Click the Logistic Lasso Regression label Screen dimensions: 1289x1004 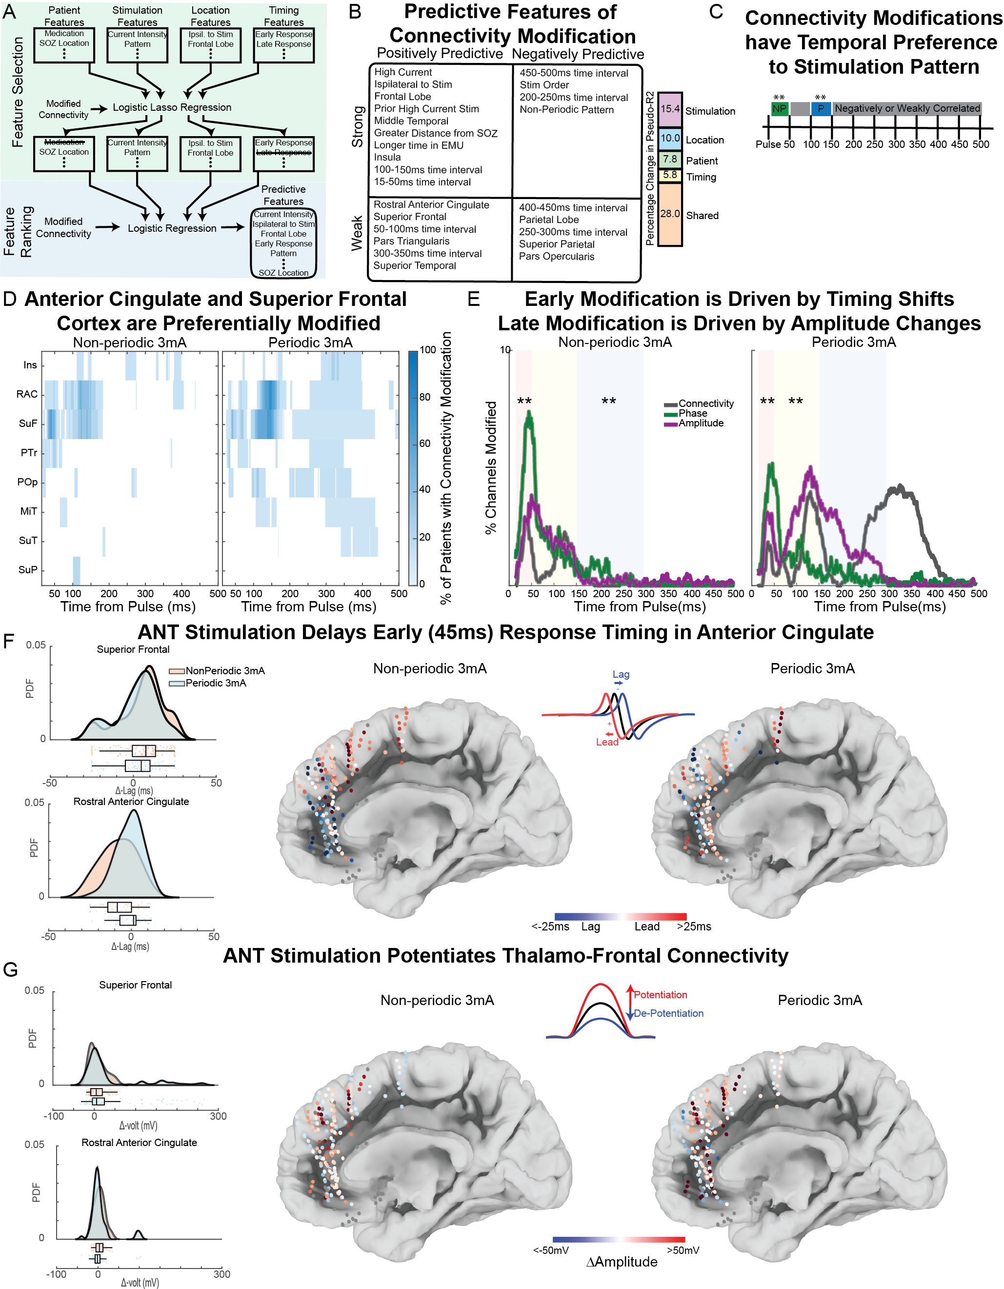pyautogui.click(x=172, y=107)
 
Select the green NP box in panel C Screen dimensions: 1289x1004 pyautogui.click(x=779, y=109)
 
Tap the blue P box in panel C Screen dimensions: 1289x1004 pyautogui.click(x=821, y=109)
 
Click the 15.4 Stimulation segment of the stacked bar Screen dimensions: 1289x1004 pyautogui.click(x=670, y=109)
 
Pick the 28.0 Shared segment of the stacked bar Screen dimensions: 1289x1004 pyautogui.click(x=670, y=214)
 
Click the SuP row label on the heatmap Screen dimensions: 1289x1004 pyautogui.click(x=28, y=569)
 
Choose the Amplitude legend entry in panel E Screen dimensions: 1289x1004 pyautogui.click(x=701, y=423)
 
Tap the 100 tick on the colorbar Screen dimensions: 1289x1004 pyautogui.click(x=427, y=350)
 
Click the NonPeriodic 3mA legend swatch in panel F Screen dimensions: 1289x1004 pyautogui.click(x=177, y=671)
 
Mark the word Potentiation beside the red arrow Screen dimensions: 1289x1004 pyautogui.click(x=660, y=995)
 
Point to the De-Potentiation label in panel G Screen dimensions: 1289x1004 pyautogui.click(x=668, y=1013)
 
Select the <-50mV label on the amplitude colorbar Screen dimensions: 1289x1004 pyautogui.click(x=551, y=1250)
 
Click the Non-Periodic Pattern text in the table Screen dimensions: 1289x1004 pyautogui.click(x=566, y=110)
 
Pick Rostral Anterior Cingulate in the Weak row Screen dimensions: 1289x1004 pyautogui.click(x=431, y=205)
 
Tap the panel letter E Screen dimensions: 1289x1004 pyautogui.click(x=473, y=299)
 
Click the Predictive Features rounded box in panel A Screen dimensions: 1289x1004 pyautogui.click(x=283, y=243)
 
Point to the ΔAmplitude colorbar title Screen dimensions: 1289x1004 pyautogui.click(x=622, y=1262)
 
